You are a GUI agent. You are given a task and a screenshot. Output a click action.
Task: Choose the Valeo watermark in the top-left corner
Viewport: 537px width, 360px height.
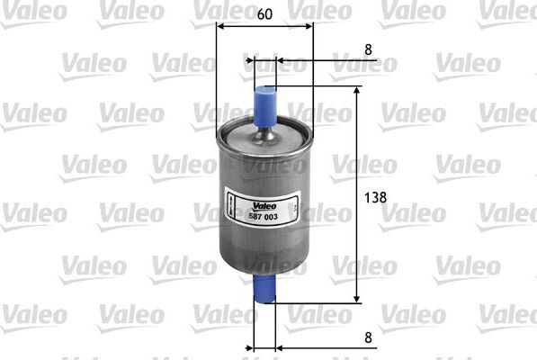click(32, 9)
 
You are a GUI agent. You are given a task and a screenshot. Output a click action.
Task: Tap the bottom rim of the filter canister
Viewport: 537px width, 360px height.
click(263, 270)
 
